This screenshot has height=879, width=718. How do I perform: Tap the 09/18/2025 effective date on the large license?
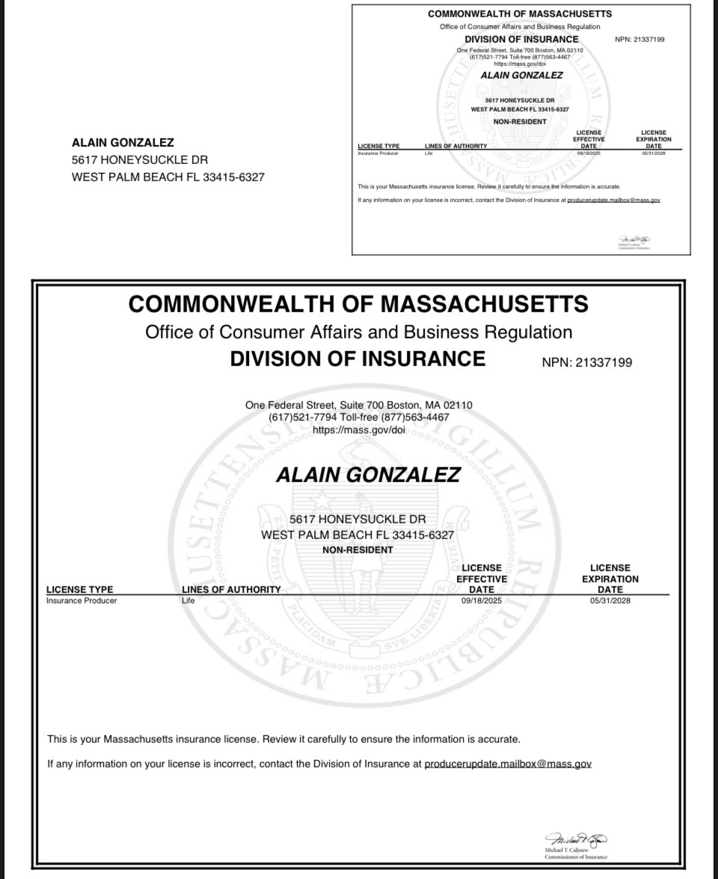tap(481, 600)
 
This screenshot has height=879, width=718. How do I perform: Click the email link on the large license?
tap(508, 764)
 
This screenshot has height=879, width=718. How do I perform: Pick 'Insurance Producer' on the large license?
tap(82, 600)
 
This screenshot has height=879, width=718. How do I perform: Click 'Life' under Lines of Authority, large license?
tap(188, 600)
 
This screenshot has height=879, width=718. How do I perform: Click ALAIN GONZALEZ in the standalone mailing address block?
tap(123, 142)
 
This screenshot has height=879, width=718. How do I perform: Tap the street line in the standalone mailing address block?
tap(140, 159)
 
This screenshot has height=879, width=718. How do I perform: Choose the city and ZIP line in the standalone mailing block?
tap(168, 177)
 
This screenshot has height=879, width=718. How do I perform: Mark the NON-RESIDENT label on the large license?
tap(358, 550)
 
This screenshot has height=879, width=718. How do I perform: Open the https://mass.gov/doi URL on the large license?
tap(358, 430)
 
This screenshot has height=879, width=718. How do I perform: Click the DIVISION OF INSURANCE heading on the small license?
tap(521, 39)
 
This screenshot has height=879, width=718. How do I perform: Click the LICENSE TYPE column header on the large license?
tap(80, 589)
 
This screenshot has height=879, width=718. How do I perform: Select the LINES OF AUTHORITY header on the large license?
tap(231, 589)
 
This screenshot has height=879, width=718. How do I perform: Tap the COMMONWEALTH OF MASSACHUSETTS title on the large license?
tap(358, 304)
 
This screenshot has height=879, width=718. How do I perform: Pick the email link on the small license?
tap(613, 200)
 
